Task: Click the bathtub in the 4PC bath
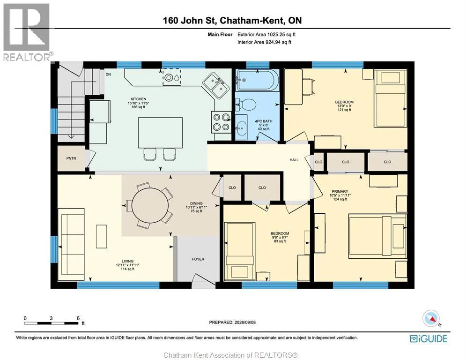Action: click(258, 80)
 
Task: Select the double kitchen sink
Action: click(216, 85)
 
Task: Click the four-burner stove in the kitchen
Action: click(221, 121)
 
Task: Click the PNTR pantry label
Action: click(71, 158)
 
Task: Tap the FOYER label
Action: click(198, 259)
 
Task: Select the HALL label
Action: click(294, 160)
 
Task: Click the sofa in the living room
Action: click(73, 242)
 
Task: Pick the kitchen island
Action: click(160, 132)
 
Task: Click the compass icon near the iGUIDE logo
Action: click(430, 318)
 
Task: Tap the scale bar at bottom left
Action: click(51, 323)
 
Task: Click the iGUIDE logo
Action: click(428, 338)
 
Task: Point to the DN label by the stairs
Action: click(108, 75)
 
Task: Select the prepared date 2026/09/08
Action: click(245, 322)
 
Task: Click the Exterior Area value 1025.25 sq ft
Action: click(281, 35)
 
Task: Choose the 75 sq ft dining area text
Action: click(196, 211)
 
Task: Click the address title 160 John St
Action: click(190, 20)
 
